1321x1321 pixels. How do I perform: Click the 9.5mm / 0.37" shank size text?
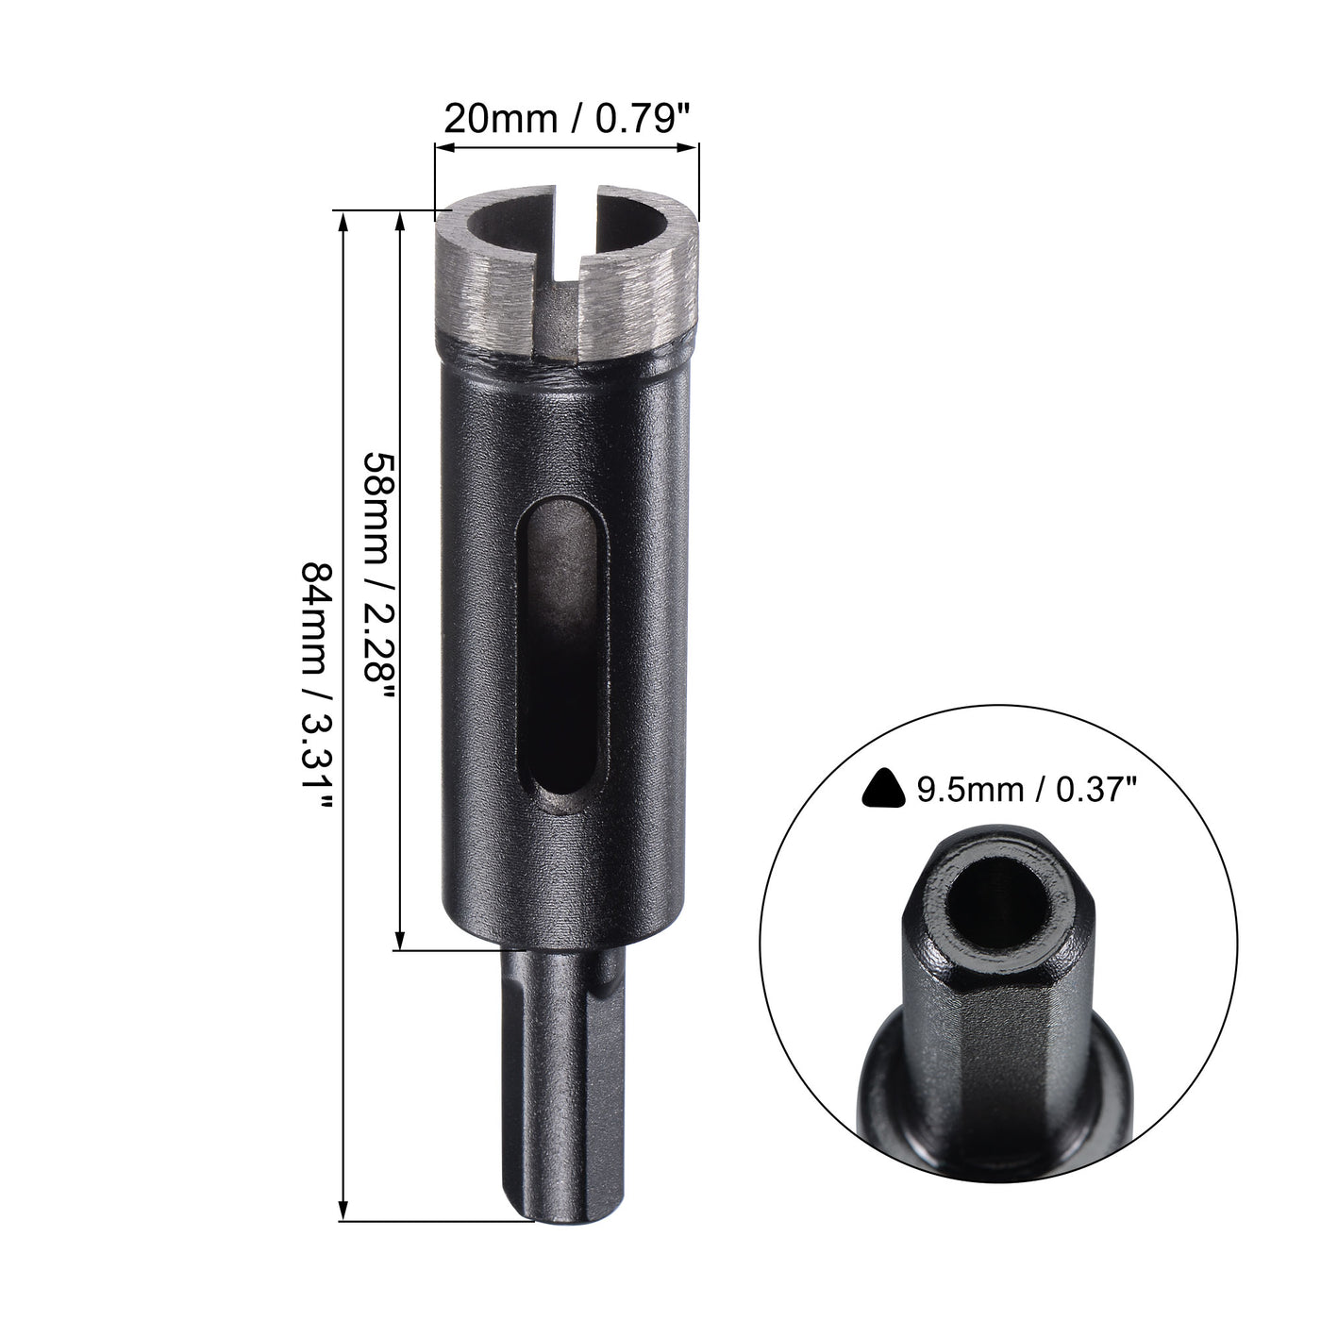point(1023,788)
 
